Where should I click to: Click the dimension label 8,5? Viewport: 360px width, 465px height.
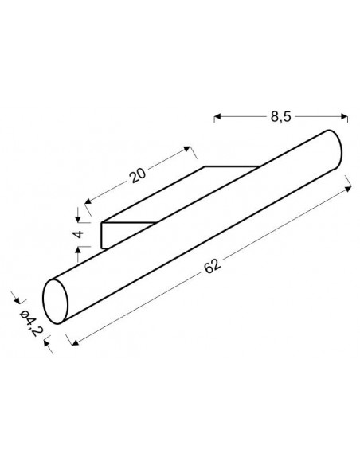click(x=280, y=117)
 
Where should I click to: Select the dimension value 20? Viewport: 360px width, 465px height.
click(x=138, y=175)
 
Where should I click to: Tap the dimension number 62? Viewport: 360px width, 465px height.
click(x=213, y=266)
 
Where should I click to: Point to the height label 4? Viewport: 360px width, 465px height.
click(x=79, y=235)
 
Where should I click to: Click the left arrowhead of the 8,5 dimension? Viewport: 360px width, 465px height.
click(x=217, y=117)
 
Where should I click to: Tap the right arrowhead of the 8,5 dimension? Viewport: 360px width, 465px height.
click(x=344, y=116)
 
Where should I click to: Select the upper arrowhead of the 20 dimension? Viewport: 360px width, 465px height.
click(x=187, y=149)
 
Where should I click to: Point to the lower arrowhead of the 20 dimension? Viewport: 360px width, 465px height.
click(x=88, y=201)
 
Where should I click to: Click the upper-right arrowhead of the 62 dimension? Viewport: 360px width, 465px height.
click(x=348, y=189)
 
